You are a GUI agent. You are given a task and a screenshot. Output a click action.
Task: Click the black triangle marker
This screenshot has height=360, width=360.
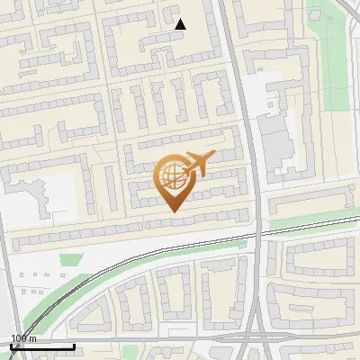point(180,24)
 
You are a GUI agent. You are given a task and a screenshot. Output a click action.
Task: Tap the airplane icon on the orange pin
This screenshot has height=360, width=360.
point(195,165)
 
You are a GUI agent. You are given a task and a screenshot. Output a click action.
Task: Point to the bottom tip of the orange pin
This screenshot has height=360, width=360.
point(173,211)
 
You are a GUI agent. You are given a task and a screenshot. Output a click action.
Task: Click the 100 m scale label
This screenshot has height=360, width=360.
point(23,338)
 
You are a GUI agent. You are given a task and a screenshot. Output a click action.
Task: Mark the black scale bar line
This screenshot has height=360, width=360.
point(42,346)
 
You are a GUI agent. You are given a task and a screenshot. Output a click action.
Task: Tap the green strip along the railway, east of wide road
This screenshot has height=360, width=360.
point(306,221)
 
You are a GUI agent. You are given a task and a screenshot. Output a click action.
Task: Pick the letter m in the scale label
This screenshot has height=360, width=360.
point(31,338)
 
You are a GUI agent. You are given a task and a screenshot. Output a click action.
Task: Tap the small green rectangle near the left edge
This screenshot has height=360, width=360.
point(70,260)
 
